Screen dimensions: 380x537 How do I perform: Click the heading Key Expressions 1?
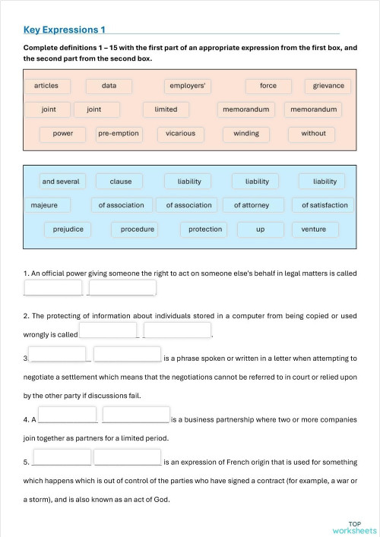[65, 30]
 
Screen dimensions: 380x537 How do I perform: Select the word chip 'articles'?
[46, 86]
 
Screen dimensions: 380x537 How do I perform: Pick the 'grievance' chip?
[328, 86]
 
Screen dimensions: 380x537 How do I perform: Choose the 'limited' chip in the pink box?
[166, 109]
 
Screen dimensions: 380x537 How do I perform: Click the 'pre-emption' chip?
[119, 134]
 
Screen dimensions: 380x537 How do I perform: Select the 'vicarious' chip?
[180, 134]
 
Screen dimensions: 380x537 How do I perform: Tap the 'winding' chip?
[246, 134]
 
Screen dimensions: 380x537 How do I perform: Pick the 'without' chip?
[313, 134]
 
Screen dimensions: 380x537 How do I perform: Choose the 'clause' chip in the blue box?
[121, 182]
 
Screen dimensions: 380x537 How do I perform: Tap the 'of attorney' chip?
[258, 205]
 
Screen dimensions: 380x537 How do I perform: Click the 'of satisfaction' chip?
[325, 205]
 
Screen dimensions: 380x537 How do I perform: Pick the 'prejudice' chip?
[68, 229]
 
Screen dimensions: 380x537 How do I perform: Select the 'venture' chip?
[309, 229]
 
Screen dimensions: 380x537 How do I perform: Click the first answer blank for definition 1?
[53, 289]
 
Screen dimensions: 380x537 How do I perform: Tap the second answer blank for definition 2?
[176, 330]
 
